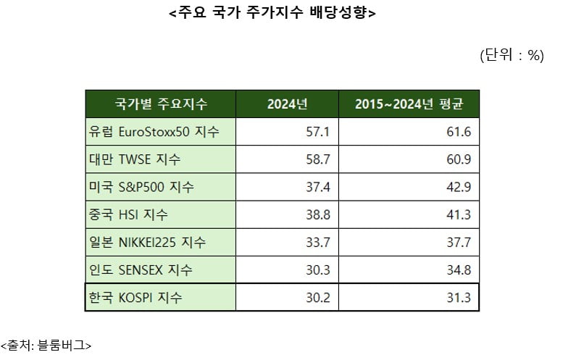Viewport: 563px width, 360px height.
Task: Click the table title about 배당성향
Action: click(x=281, y=14)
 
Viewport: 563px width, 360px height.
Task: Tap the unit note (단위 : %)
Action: click(x=512, y=56)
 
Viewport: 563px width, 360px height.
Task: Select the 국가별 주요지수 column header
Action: click(x=161, y=104)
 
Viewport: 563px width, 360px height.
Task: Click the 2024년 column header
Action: click(x=288, y=104)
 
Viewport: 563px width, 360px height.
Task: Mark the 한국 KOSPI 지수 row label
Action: click(x=135, y=297)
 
